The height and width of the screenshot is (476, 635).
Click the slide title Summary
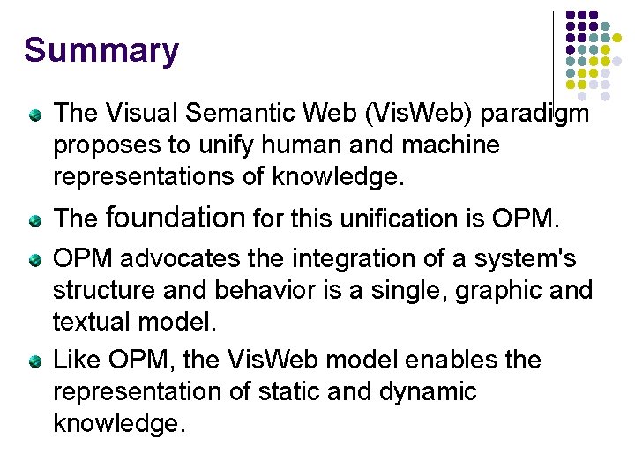pyautogui.click(x=101, y=50)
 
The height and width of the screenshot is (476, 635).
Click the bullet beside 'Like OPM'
pyautogui.click(x=34, y=361)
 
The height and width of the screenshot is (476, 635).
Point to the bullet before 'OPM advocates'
pyautogui.click(x=34, y=261)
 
